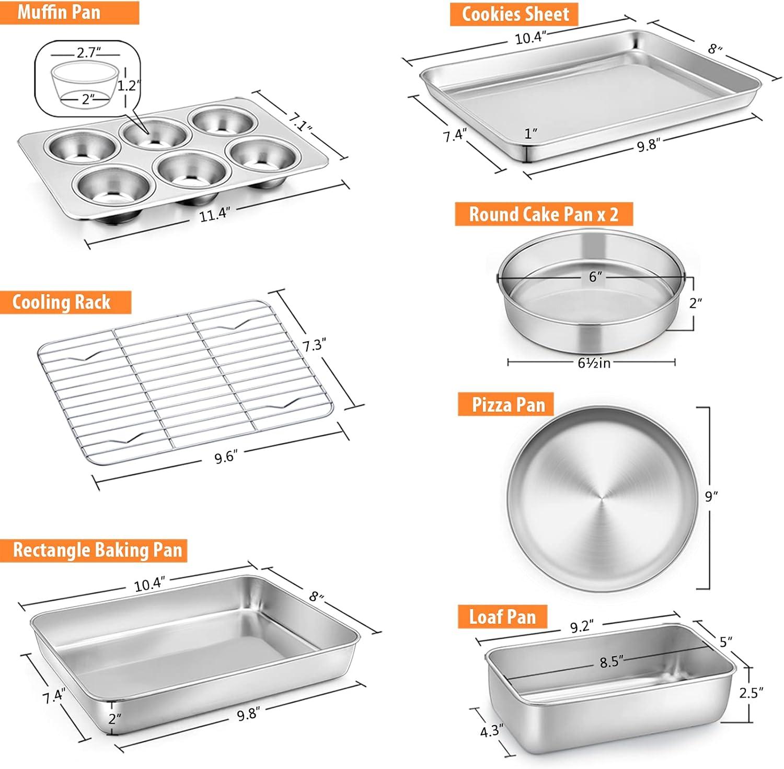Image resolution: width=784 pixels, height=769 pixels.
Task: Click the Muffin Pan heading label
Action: click(59, 12)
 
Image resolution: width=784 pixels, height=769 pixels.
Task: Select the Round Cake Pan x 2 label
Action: click(544, 214)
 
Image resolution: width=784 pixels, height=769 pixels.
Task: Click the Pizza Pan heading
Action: click(509, 405)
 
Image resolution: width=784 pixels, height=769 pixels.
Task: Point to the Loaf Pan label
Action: click(502, 616)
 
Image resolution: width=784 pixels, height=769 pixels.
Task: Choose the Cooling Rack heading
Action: click(61, 302)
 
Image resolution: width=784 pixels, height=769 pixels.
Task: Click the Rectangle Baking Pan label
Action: click(97, 550)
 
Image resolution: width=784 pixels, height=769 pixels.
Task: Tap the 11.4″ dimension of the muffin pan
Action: click(214, 214)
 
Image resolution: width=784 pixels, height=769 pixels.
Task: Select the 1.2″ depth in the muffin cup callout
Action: click(129, 85)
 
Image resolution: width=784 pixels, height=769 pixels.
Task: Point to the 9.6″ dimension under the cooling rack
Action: click(226, 457)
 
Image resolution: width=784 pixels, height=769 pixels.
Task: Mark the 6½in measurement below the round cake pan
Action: click(594, 362)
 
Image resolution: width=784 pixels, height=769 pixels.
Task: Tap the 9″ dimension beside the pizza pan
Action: click(711, 496)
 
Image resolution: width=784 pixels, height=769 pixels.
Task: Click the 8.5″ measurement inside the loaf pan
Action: click(612, 662)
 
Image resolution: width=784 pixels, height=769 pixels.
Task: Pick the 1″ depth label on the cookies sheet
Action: click(531, 134)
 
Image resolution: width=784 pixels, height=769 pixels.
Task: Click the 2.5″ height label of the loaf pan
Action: click(751, 693)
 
